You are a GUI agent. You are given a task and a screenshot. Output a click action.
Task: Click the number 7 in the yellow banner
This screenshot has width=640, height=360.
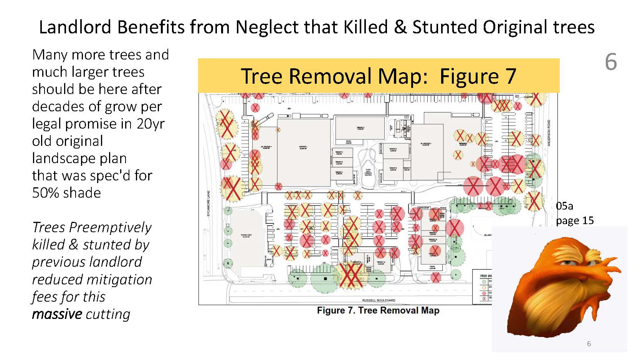click(x=511, y=76)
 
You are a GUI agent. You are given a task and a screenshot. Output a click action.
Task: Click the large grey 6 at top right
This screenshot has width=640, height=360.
click(x=611, y=62)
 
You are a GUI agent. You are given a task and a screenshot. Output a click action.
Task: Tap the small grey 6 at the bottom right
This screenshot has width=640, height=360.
click(x=589, y=344)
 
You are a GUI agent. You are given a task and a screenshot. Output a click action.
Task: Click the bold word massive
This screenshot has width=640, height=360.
click(x=57, y=314)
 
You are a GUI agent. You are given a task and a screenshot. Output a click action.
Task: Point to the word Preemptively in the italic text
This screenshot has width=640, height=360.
click(x=111, y=227)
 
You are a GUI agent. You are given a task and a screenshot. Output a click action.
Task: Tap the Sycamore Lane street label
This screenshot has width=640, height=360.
click(x=209, y=203)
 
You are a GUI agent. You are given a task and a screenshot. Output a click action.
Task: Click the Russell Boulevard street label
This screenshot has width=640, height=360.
click(x=378, y=301)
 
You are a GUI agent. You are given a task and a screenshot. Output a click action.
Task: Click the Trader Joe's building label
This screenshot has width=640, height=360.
click(x=246, y=236)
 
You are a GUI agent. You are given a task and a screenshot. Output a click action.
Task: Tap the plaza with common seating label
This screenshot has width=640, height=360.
click(x=368, y=172)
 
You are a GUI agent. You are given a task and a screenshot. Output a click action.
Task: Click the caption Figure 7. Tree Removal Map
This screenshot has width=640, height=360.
click(x=378, y=310)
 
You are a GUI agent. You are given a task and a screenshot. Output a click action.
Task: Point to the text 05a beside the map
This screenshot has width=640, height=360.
click(x=564, y=206)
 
